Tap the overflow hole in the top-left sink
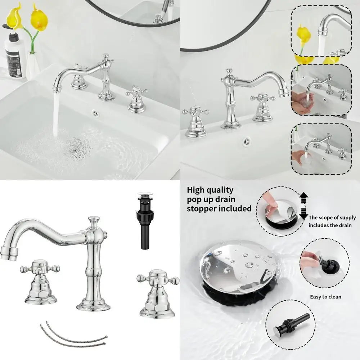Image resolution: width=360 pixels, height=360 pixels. [x=96, y=113]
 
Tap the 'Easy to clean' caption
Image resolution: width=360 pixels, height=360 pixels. [x=325, y=297]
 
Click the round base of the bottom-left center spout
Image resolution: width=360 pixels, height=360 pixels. [x=93, y=306]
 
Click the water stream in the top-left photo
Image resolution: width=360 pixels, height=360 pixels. [x=56, y=115]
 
